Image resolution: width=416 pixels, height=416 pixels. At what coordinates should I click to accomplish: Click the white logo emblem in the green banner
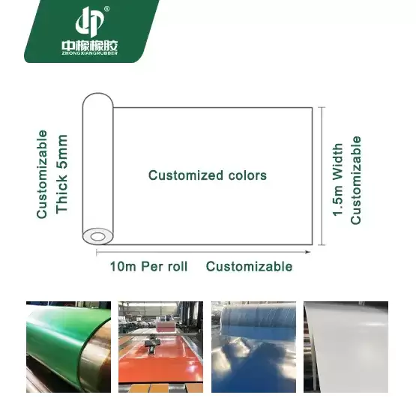pyautogui.click(x=89, y=22)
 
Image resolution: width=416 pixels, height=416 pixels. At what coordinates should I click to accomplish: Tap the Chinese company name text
pyautogui.click(x=90, y=46)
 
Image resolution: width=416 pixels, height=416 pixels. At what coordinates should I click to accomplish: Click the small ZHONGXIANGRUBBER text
pyautogui.click(x=90, y=53)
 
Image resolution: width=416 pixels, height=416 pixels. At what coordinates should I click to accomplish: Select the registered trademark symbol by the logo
pyautogui.click(x=106, y=9)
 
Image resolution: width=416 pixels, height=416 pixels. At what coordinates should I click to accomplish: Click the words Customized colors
pyautogui.click(x=208, y=175)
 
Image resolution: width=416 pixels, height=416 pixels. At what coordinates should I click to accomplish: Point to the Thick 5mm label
pyautogui.click(x=61, y=174)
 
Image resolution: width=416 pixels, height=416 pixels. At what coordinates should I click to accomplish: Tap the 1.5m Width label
pyautogui.click(x=338, y=180)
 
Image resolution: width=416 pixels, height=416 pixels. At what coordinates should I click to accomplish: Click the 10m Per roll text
pyautogui.click(x=148, y=266)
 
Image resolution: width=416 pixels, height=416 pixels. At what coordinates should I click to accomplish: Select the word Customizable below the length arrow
pyautogui.click(x=249, y=266)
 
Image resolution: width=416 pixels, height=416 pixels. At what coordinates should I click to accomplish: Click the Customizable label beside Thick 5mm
pyautogui.click(x=42, y=175)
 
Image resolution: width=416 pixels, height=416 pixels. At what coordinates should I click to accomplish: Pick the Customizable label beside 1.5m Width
pyautogui.click(x=356, y=180)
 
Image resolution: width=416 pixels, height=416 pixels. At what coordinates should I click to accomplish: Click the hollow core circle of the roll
pyautogui.click(x=98, y=236)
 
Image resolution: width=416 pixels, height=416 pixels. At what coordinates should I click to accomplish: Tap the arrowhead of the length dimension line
pyautogui.click(x=308, y=252)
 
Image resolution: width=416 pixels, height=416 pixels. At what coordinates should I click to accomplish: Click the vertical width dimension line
pyautogui.click(x=322, y=176)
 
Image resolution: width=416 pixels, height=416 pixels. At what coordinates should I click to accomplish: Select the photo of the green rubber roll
pyautogui.click(x=68, y=347)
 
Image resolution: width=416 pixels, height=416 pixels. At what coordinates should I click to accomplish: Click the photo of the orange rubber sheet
pyautogui.click(x=160, y=347)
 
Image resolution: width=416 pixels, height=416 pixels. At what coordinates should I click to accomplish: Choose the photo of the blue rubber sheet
pyautogui.click(x=253, y=347)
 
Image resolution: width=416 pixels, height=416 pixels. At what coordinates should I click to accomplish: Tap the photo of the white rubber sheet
pyautogui.click(x=346, y=347)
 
